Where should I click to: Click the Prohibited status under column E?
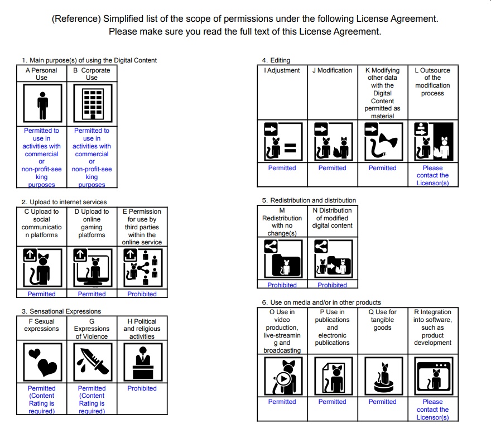click(x=142, y=294)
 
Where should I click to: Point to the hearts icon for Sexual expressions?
click(x=42, y=362)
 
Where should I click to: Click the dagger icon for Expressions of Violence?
click(x=92, y=362)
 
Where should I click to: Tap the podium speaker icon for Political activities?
click(x=142, y=362)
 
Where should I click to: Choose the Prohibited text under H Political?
click(x=142, y=388)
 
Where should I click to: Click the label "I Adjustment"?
click(x=282, y=71)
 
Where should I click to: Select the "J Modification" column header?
click(x=332, y=71)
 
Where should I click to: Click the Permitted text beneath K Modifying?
click(x=382, y=168)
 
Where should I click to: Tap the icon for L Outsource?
click(x=432, y=141)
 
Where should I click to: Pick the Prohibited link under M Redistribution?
click(x=282, y=285)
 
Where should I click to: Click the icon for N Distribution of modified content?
click(x=332, y=258)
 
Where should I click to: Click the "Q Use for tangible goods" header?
click(x=382, y=320)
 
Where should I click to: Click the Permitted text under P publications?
click(x=332, y=402)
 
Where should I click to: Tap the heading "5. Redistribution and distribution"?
click(x=309, y=200)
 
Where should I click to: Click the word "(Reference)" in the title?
click(x=75, y=18)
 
